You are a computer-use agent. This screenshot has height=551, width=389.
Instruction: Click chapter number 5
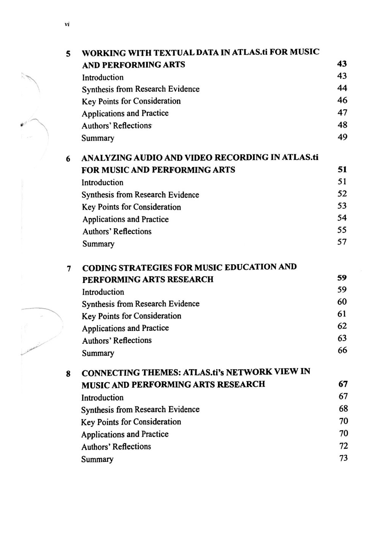click(x=68, y=54)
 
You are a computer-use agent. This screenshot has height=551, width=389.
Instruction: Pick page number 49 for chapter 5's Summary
click(x=342, y=137)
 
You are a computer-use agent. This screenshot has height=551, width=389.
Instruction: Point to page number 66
click(x=342, y=350)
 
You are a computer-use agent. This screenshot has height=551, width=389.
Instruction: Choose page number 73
click(x=343, y=458)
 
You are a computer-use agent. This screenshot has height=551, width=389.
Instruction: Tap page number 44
click(x=342, y=88)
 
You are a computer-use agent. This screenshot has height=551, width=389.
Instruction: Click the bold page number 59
click(x=342, y=278)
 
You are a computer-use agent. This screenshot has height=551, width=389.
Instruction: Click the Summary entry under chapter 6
click(x=98, y=244)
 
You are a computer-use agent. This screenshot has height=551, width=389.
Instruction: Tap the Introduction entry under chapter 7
click(x=103, y=292)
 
